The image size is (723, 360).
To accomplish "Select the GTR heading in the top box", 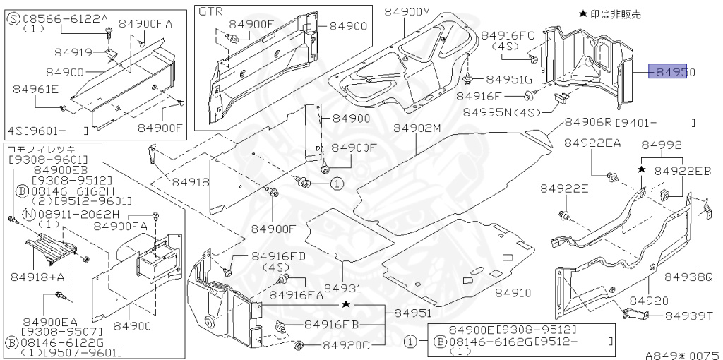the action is click(x=210, y=12).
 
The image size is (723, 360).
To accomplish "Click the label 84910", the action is click(x=513, y=292).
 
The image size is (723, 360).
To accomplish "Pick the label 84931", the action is click(x=343, y=288).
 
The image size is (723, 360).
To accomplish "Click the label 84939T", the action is click(x=689, y=315).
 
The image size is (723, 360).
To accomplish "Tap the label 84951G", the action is click(x=509, y=79).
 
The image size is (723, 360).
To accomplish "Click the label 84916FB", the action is click(x=332, y=324).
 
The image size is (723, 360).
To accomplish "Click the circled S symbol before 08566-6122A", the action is click(x=13, y=19).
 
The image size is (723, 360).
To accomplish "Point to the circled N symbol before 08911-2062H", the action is click(x=30, y=214).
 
